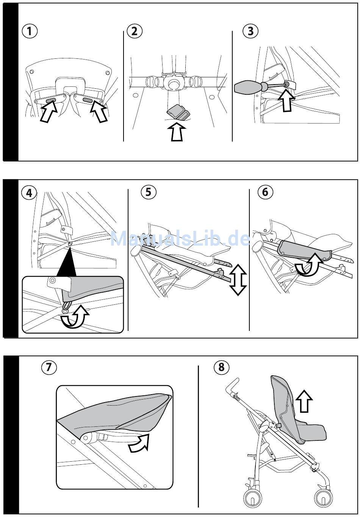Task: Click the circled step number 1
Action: pyautogui.click(x=30, y=31)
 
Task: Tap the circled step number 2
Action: pyautogui.click(x=134, y=31)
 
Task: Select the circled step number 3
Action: pyautogui.click(x=250, y=31)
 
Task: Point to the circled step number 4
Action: pyautogui.click(x=29, y=193)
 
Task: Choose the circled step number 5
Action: pyautogui.click(x=148, y=192)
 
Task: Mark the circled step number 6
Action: pyautogui.click(x=265, y=192)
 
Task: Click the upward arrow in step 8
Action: pyautogui.click(x=304, y=401)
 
